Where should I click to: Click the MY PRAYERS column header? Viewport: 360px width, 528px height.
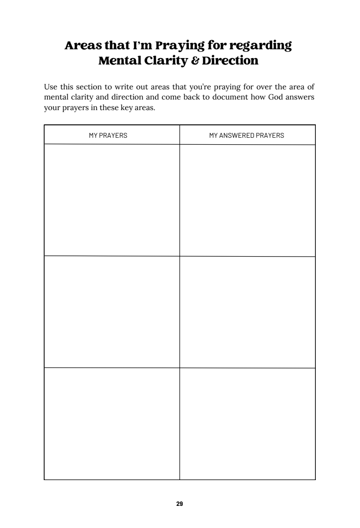click(x=108, y=135)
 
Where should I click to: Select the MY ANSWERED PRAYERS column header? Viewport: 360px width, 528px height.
click(x=247, y=135)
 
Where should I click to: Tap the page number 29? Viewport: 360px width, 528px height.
click(x=180, y=504)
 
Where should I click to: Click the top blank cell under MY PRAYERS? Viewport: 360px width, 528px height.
click(x=112, y=200)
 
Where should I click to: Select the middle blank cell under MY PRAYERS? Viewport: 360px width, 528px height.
click(x=112, y=312)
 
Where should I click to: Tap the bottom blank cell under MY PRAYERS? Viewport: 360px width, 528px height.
click(x=112, y=424)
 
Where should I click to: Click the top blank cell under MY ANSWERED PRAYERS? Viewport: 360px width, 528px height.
click(x=247, y=200)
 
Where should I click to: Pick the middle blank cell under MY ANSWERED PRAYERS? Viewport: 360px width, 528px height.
click(x=247, y=312)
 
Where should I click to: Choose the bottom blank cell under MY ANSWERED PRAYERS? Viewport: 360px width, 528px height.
click(x=247, y=424)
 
